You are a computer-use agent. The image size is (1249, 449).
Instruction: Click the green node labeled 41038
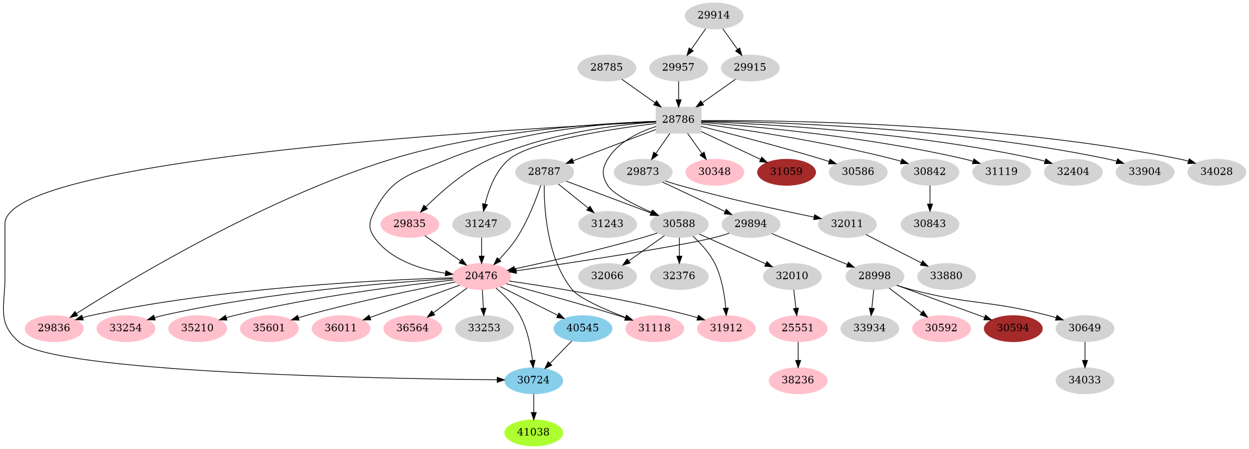point(533,432)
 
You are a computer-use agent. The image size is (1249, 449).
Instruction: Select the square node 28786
point(678,119)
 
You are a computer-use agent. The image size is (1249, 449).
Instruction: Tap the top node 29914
point(713,15)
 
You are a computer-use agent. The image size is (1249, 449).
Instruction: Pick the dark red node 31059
point(786,172)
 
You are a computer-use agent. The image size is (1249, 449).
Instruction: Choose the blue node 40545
point(582,328)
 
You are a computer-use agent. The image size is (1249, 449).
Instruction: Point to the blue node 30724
point(533,380)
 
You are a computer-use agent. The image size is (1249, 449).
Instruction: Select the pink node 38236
point(798,380)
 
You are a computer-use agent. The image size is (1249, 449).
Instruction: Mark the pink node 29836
point(54,328)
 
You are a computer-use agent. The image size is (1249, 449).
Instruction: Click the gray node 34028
point(1216,172)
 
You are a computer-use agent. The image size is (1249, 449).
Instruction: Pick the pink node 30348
point(714,172)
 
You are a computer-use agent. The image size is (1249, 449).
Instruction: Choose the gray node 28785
point(606,67)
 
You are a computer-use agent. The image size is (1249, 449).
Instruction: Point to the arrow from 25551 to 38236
point(798,354)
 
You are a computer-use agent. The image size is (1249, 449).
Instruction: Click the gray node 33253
point(484,328)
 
